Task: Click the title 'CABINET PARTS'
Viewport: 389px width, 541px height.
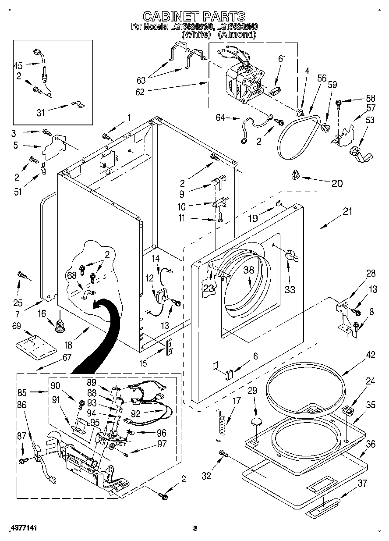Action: coord(194,17)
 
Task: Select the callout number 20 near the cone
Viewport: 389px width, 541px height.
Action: coord(337,183)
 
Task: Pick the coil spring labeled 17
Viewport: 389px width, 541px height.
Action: coord(222,424)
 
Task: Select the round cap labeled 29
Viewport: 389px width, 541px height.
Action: coord(255,422)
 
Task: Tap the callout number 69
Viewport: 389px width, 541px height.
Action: coord(16,326)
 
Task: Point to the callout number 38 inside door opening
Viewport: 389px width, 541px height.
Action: coord(249,270)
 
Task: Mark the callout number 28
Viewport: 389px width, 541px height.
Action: coord(371,274)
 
